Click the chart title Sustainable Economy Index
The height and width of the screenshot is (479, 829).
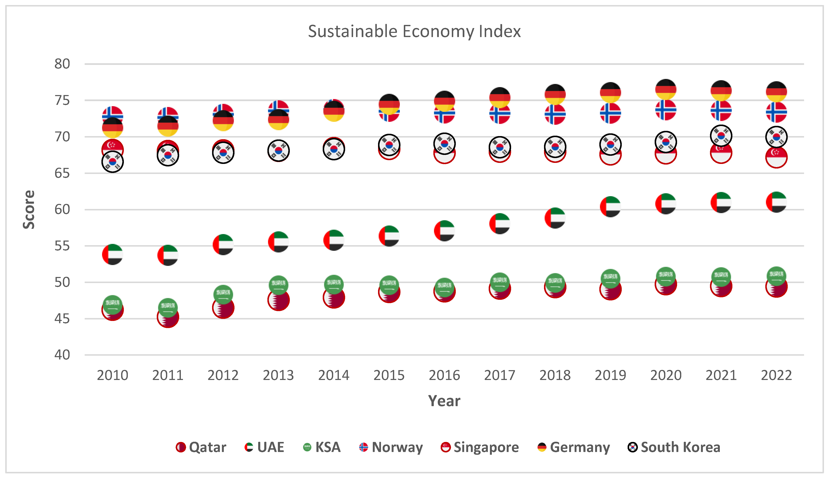414,32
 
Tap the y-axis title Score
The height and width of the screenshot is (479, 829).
29,209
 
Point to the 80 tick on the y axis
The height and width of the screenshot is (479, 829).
62,64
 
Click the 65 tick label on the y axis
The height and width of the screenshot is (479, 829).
62,173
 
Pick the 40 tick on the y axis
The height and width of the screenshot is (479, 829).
62,355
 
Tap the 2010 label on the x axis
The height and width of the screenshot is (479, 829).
113,375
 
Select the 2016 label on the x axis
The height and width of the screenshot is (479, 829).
444,375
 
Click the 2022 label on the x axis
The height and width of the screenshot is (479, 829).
776,375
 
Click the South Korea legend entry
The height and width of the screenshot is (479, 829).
674,447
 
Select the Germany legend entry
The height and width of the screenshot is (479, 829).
574,447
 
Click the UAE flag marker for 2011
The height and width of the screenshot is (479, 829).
168,255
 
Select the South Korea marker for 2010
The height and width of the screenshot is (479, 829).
113,162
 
